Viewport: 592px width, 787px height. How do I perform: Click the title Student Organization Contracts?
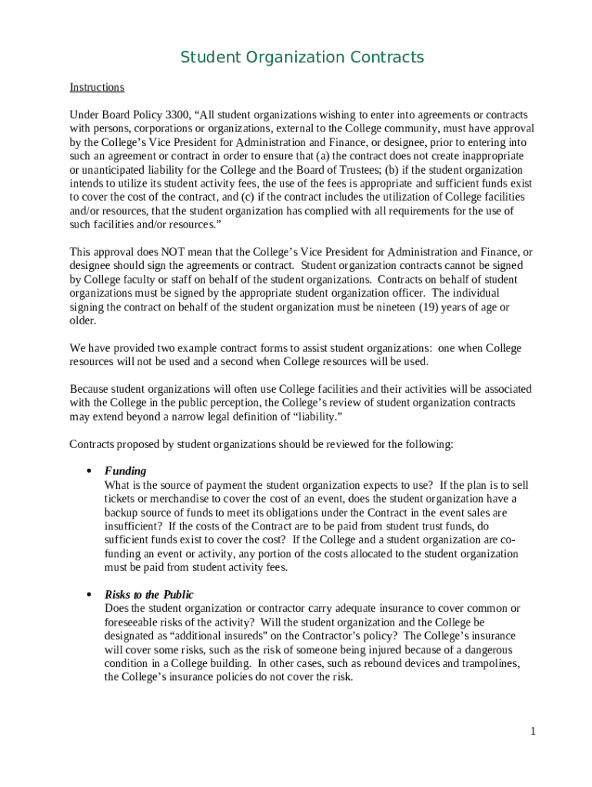(302, 58)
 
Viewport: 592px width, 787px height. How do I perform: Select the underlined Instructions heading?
(97, 88)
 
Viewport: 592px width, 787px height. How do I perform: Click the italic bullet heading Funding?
(125, 471)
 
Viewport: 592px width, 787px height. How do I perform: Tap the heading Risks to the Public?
(149, 595)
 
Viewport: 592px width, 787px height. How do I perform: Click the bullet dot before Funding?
(89, 471)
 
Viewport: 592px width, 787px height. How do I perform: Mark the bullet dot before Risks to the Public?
(89, 595)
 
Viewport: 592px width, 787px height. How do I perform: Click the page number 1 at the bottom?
(532, 731)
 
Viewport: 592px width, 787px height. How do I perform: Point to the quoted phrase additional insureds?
(218, 636)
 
